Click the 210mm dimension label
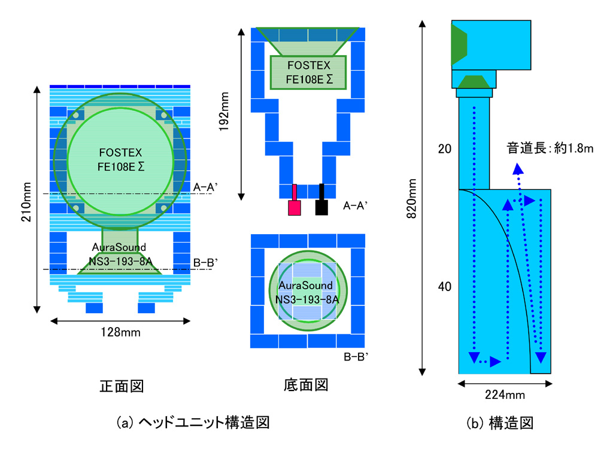tap(26, 202)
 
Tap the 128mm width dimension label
tap(120, 332)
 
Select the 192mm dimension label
tap(224, 111)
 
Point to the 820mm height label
tap(412, 198)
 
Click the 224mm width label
tap(505, 395)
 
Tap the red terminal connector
tap(295, 200)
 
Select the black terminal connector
tap(321, 199)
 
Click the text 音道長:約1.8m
tap(550, 149)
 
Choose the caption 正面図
tap(122, 386)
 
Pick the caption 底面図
tap(306, 385)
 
